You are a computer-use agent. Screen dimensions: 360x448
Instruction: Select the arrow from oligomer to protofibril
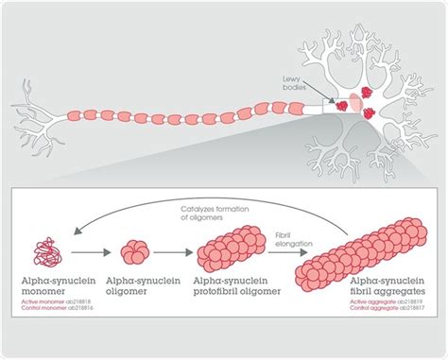point(175,254)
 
